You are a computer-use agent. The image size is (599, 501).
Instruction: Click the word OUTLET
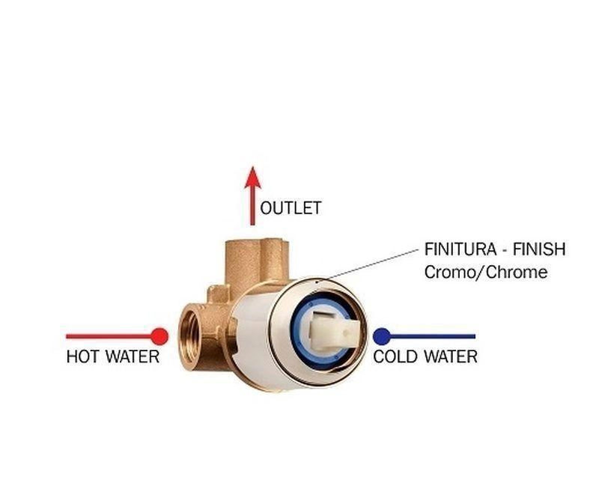pos(291,207)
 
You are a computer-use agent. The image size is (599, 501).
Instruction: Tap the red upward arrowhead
pos(252,178)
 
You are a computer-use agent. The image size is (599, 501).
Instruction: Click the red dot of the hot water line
pos(159,335)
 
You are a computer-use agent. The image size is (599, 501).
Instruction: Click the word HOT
pos(82,356)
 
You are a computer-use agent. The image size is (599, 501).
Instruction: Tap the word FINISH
pos(539,249)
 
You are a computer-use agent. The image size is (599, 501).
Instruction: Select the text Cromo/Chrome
pos(485,272)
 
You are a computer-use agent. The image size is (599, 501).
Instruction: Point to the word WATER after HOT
pos(132,356)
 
